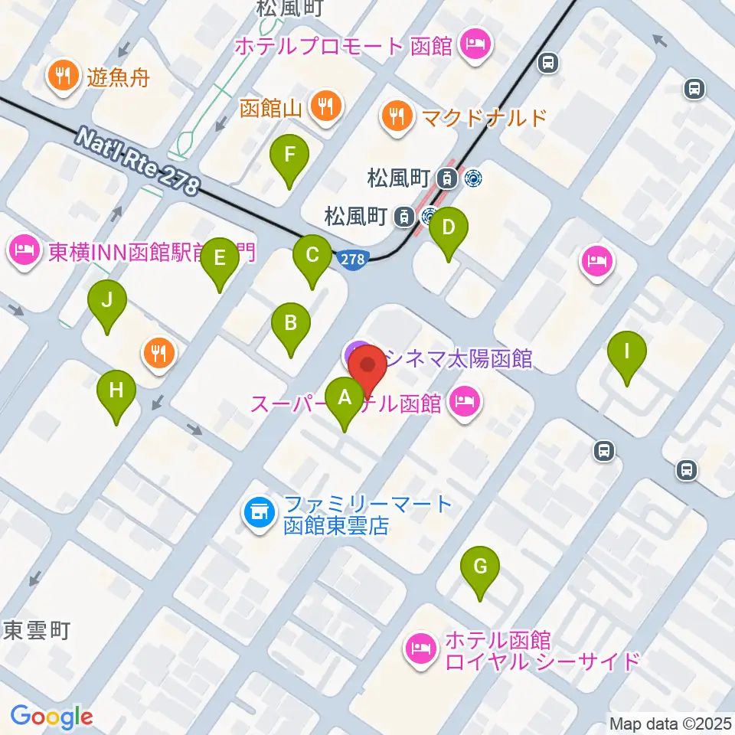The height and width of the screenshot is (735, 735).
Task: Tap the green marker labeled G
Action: coord(480,567)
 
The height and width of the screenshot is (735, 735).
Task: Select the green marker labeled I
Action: coord(627,352)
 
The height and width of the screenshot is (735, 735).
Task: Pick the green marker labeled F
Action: coord(289,155)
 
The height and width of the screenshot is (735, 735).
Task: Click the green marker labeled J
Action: coord(107,300)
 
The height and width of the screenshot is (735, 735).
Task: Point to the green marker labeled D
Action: coord(449,227)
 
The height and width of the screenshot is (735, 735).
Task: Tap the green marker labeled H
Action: coord(116,391)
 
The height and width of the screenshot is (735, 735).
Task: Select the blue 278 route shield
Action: coord(352,260)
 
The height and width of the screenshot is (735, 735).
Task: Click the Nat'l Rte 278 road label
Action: coord(138,161)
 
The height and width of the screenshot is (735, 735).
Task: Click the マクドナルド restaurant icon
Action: coord(396,116)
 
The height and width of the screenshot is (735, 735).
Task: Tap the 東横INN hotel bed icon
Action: coord(25,251)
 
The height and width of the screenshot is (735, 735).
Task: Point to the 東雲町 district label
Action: coord(37,631)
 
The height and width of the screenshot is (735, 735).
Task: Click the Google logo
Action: coord(51,717)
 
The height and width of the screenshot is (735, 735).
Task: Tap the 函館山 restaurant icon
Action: coord(328,106)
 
